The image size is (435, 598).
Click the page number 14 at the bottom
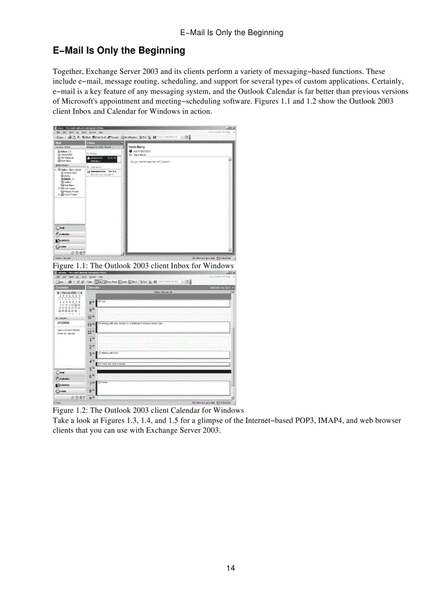click(x=230, y=568)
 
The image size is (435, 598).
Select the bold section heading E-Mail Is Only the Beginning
click(x=119, y=51)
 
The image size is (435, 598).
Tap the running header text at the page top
click(x=232, y=32)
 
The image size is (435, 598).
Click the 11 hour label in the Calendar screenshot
click(x=91, y=324)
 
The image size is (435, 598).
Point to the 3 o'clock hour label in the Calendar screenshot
click(x=91, y=354)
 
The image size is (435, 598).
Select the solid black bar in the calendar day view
click(x=164, y=371)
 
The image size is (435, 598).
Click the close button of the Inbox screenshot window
click(x=233, y=128)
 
